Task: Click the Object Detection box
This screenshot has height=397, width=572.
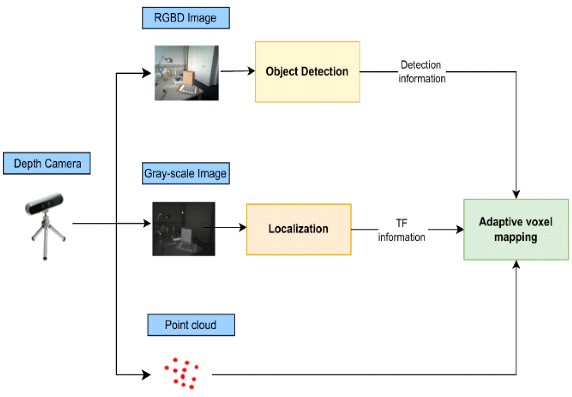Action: coord(307,72)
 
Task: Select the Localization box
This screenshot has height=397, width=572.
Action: coord(299,229)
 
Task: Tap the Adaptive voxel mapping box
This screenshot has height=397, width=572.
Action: coord(516,230)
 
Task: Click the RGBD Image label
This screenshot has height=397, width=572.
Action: coord(186,19)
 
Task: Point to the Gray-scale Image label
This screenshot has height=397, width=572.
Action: coord(186,173)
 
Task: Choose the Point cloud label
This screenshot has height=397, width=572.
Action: coord(191,325)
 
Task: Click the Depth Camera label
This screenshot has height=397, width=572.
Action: coord(47,164)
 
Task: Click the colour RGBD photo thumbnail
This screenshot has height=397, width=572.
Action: coord(186,73)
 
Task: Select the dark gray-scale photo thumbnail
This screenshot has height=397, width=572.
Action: coord(183,229)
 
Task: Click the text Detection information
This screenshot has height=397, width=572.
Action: coord(422,72)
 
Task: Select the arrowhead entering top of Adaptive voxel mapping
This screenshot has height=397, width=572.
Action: coord(516,194)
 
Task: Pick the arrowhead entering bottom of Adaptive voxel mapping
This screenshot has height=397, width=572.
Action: coord(516,265)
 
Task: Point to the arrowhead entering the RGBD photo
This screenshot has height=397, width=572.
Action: coord(148,73)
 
